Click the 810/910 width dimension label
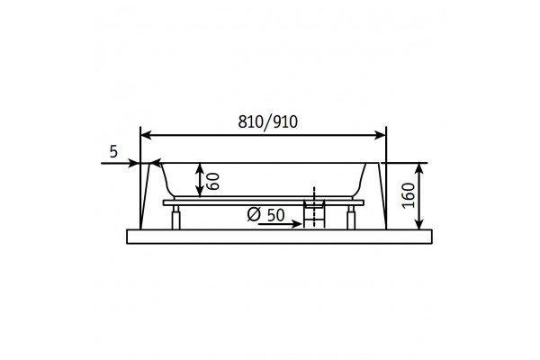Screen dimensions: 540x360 (267, 122)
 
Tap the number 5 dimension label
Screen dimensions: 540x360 (113, 151)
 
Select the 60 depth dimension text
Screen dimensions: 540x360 (212, 181)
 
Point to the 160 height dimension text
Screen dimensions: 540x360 (409, 195)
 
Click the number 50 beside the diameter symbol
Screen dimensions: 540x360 (276, 215)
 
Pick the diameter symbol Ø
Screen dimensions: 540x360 (254, 214)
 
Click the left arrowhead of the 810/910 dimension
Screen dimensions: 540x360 (147, 135)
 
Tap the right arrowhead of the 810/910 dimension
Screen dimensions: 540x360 (380, 135)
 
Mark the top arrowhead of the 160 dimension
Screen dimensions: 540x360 (419, 168)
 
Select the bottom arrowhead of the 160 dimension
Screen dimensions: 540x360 (419, 223)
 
